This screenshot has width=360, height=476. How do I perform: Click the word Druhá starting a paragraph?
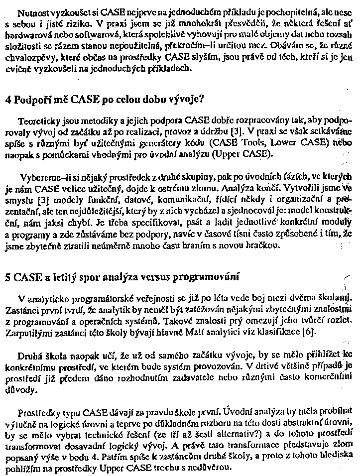(x=30, y=355)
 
